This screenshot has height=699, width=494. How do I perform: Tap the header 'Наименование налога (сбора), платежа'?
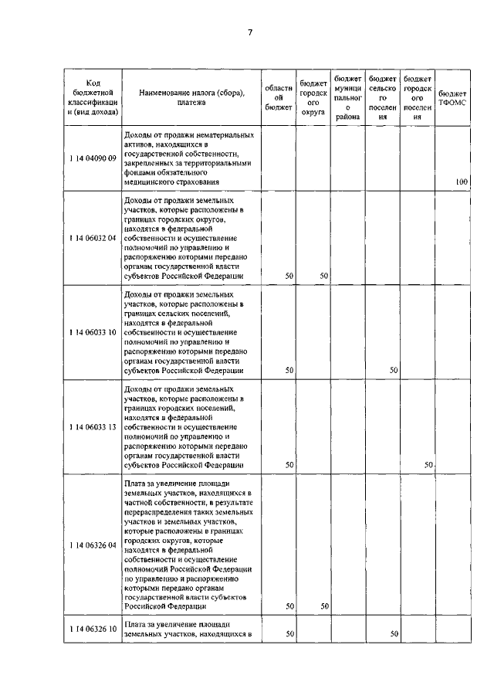[x=191, y=97]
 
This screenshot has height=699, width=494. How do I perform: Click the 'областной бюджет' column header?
[x=278, y=98]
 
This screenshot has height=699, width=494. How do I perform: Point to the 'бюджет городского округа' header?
[x=313, y=98]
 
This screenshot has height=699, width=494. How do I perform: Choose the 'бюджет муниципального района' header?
[x=348, y=98]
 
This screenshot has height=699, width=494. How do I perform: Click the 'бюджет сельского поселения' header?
[x=383, y=98]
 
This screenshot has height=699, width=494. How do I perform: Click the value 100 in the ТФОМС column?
[x=462, y=182]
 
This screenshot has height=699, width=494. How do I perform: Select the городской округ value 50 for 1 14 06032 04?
[x=324, y=276]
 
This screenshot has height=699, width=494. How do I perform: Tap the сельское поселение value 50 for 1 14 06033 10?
[x=394, y=370]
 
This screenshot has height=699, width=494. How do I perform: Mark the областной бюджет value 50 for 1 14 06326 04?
[x=289, y=606]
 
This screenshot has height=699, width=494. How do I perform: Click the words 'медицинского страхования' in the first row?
[x=168, y=182]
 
